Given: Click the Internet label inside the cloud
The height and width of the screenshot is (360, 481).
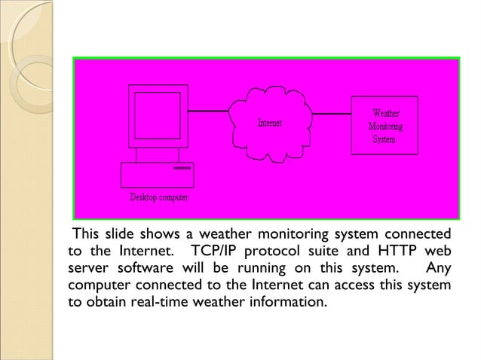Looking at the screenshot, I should point(270,123).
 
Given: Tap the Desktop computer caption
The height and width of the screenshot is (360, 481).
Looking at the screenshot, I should point(159,198).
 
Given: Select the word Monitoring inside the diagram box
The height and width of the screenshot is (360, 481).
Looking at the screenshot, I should point(384,127).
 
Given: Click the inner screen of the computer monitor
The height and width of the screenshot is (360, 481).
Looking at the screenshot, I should point(157,115).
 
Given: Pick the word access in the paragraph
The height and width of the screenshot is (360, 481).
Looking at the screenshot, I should point(357,286).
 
